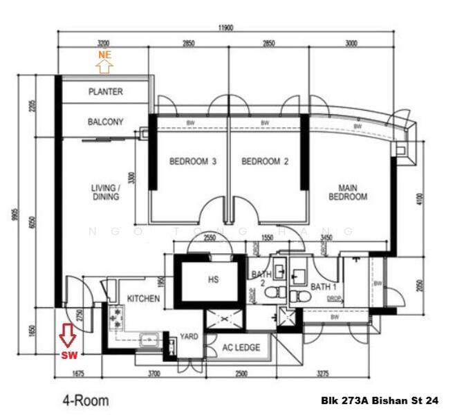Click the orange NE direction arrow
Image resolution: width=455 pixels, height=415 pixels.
click(104, 66)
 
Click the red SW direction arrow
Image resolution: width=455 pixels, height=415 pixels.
click(67, 335)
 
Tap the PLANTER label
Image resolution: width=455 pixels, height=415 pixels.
click(106, 91)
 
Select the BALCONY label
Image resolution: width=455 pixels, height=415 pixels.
click(106, 122)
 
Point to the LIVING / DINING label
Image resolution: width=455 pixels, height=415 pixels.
click(105, 192)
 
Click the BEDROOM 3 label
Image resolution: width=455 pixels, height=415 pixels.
click(193, 162)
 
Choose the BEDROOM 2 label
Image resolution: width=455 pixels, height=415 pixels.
click(265, 162)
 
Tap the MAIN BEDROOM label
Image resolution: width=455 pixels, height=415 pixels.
click(352, 192)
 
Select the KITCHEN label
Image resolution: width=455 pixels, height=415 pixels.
click(143, 299)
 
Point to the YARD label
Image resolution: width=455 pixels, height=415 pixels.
click(189, 337)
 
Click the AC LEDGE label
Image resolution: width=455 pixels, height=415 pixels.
click(241, 347)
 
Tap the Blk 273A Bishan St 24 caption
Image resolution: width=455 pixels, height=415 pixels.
click(380, 400)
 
